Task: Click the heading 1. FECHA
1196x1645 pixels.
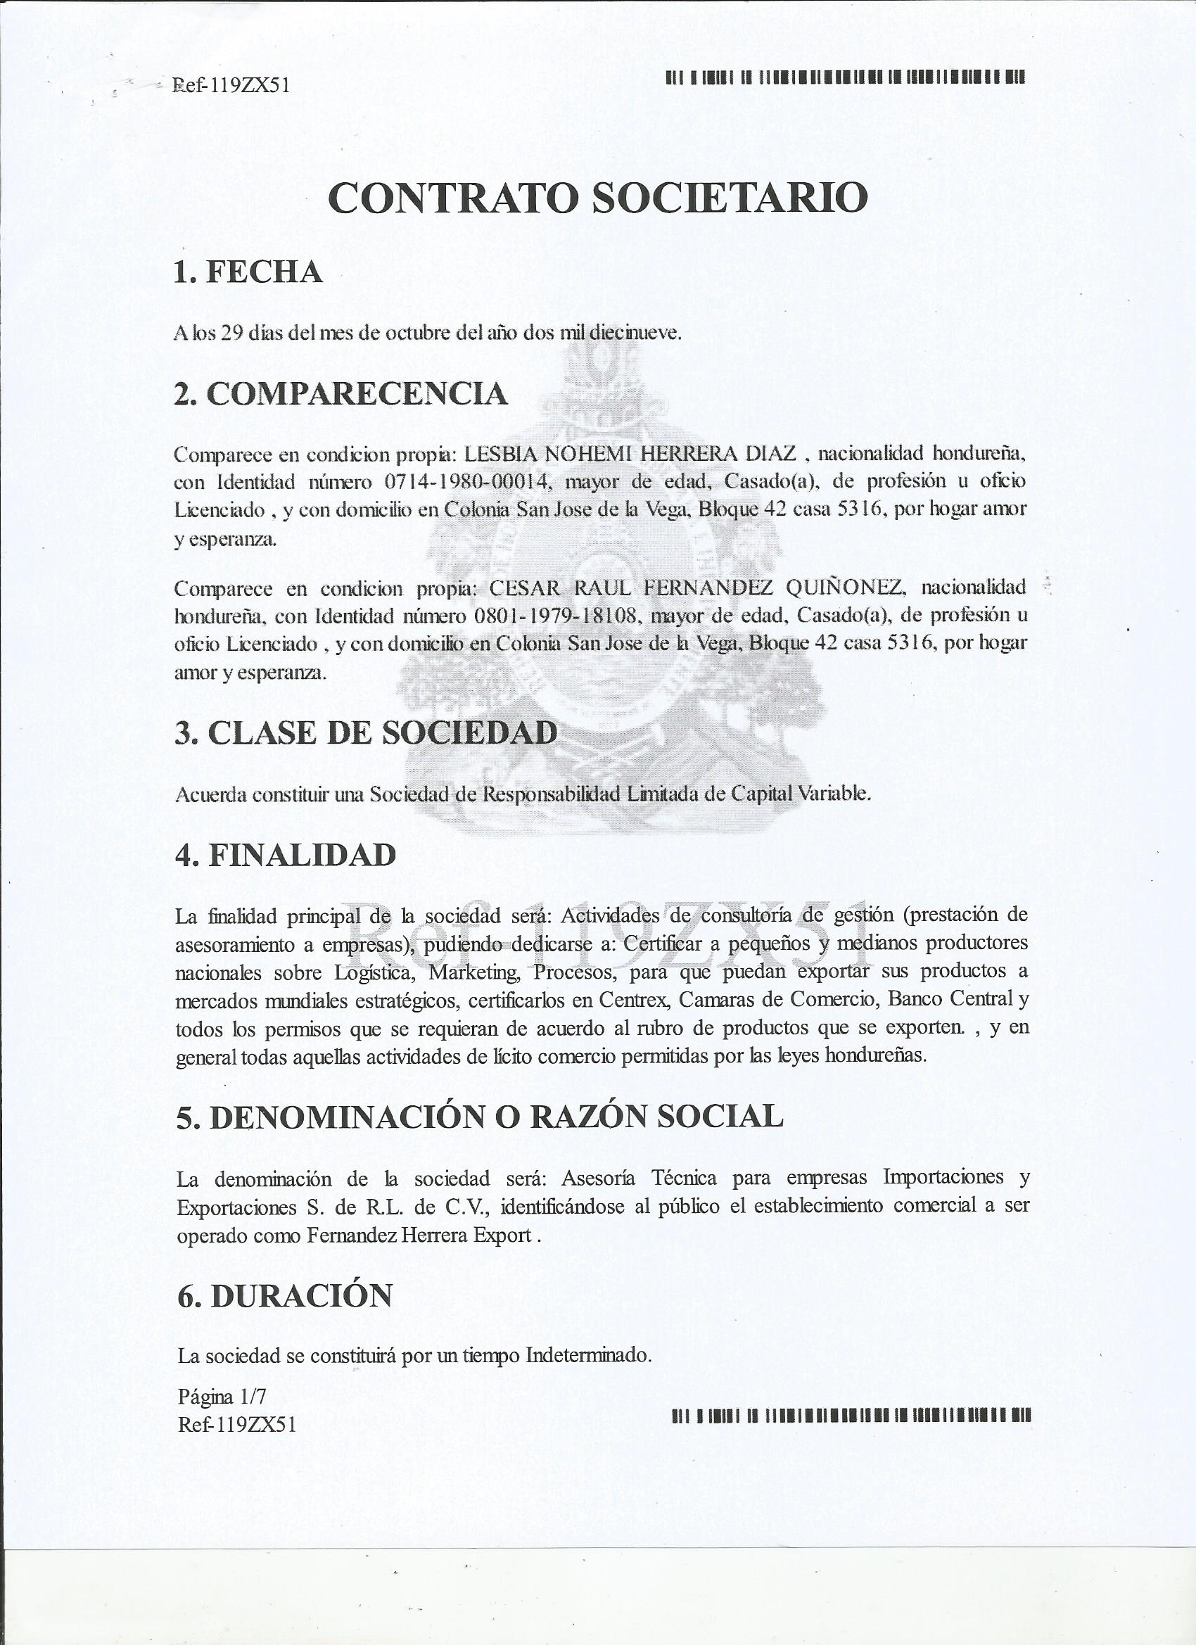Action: [x=248, y=272]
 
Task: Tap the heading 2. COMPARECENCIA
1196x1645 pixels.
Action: [x=341, y=393]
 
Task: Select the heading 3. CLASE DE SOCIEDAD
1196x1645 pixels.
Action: [x=367, y=732]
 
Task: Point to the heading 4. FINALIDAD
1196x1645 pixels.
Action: [x=286, y=855]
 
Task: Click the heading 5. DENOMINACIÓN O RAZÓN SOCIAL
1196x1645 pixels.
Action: [x=479, y=1116]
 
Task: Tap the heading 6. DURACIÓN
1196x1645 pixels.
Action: [x=285, y=1295]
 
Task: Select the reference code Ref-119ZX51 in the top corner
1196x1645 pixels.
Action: [x=231, y=86]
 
